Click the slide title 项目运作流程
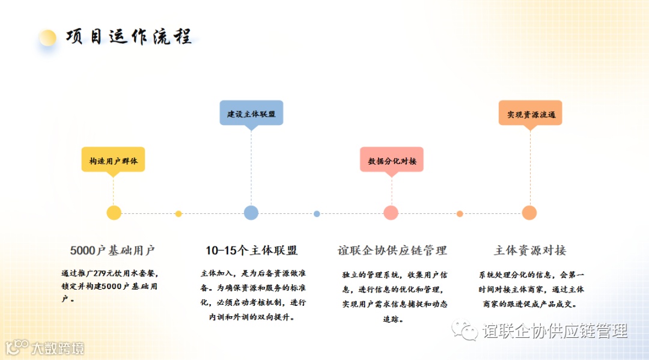[129, 37]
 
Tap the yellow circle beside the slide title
[47, 38]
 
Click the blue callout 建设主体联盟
[251, 114]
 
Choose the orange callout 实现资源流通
[530, 114]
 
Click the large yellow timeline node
[114, 213]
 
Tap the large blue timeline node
[251, 213]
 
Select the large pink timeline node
[391, 213]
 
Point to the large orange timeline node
[529, 213]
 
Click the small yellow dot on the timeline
[178, 214]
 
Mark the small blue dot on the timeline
[317, 214]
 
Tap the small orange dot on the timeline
[460, 214]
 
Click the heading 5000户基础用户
[112, 251]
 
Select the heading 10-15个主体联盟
[251, 251]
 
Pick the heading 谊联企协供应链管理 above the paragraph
[392, 251]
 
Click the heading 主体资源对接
[530, 251]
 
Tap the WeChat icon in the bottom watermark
[465, 330]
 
